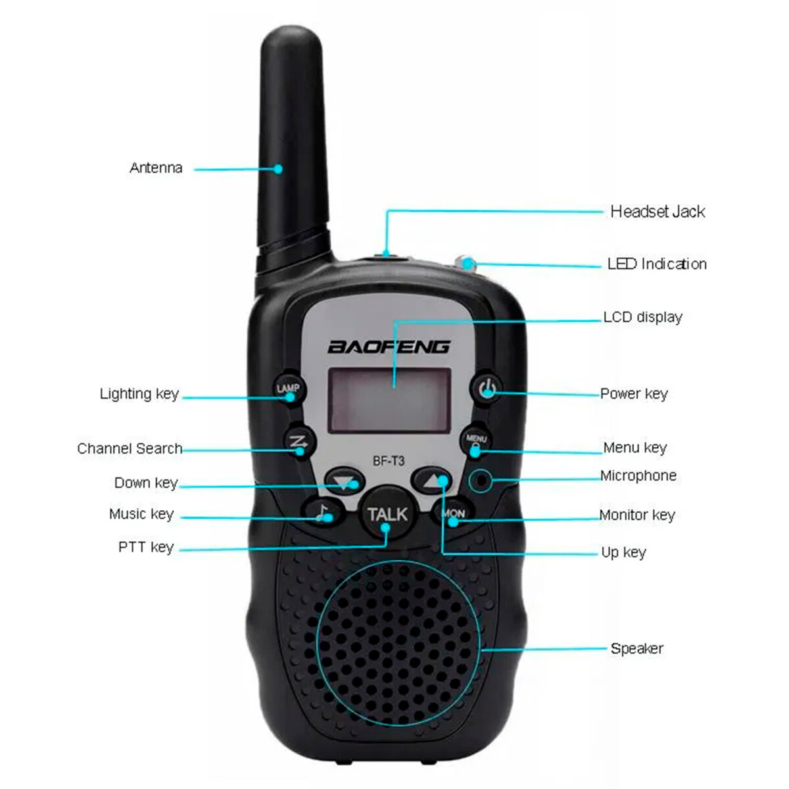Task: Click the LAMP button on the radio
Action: point(287,389)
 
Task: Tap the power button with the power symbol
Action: point(487,389)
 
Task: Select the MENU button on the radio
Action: point(476,441)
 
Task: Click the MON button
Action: point(453,513)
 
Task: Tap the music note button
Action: point(322,512)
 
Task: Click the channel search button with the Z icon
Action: point(299,442)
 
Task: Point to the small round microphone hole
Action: point(482,480)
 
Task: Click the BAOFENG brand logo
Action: point(389,347)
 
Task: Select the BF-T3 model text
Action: point(389,461)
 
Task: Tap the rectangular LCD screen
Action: point(390,400)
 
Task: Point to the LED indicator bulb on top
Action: point(467,264)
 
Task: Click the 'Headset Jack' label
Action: point(657,212)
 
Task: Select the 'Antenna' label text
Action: point(156,168)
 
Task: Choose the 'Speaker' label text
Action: point(636,648)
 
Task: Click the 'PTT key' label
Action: point(146,547)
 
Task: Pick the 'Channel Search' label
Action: point(130,448)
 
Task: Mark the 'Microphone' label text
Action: point(638,475)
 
